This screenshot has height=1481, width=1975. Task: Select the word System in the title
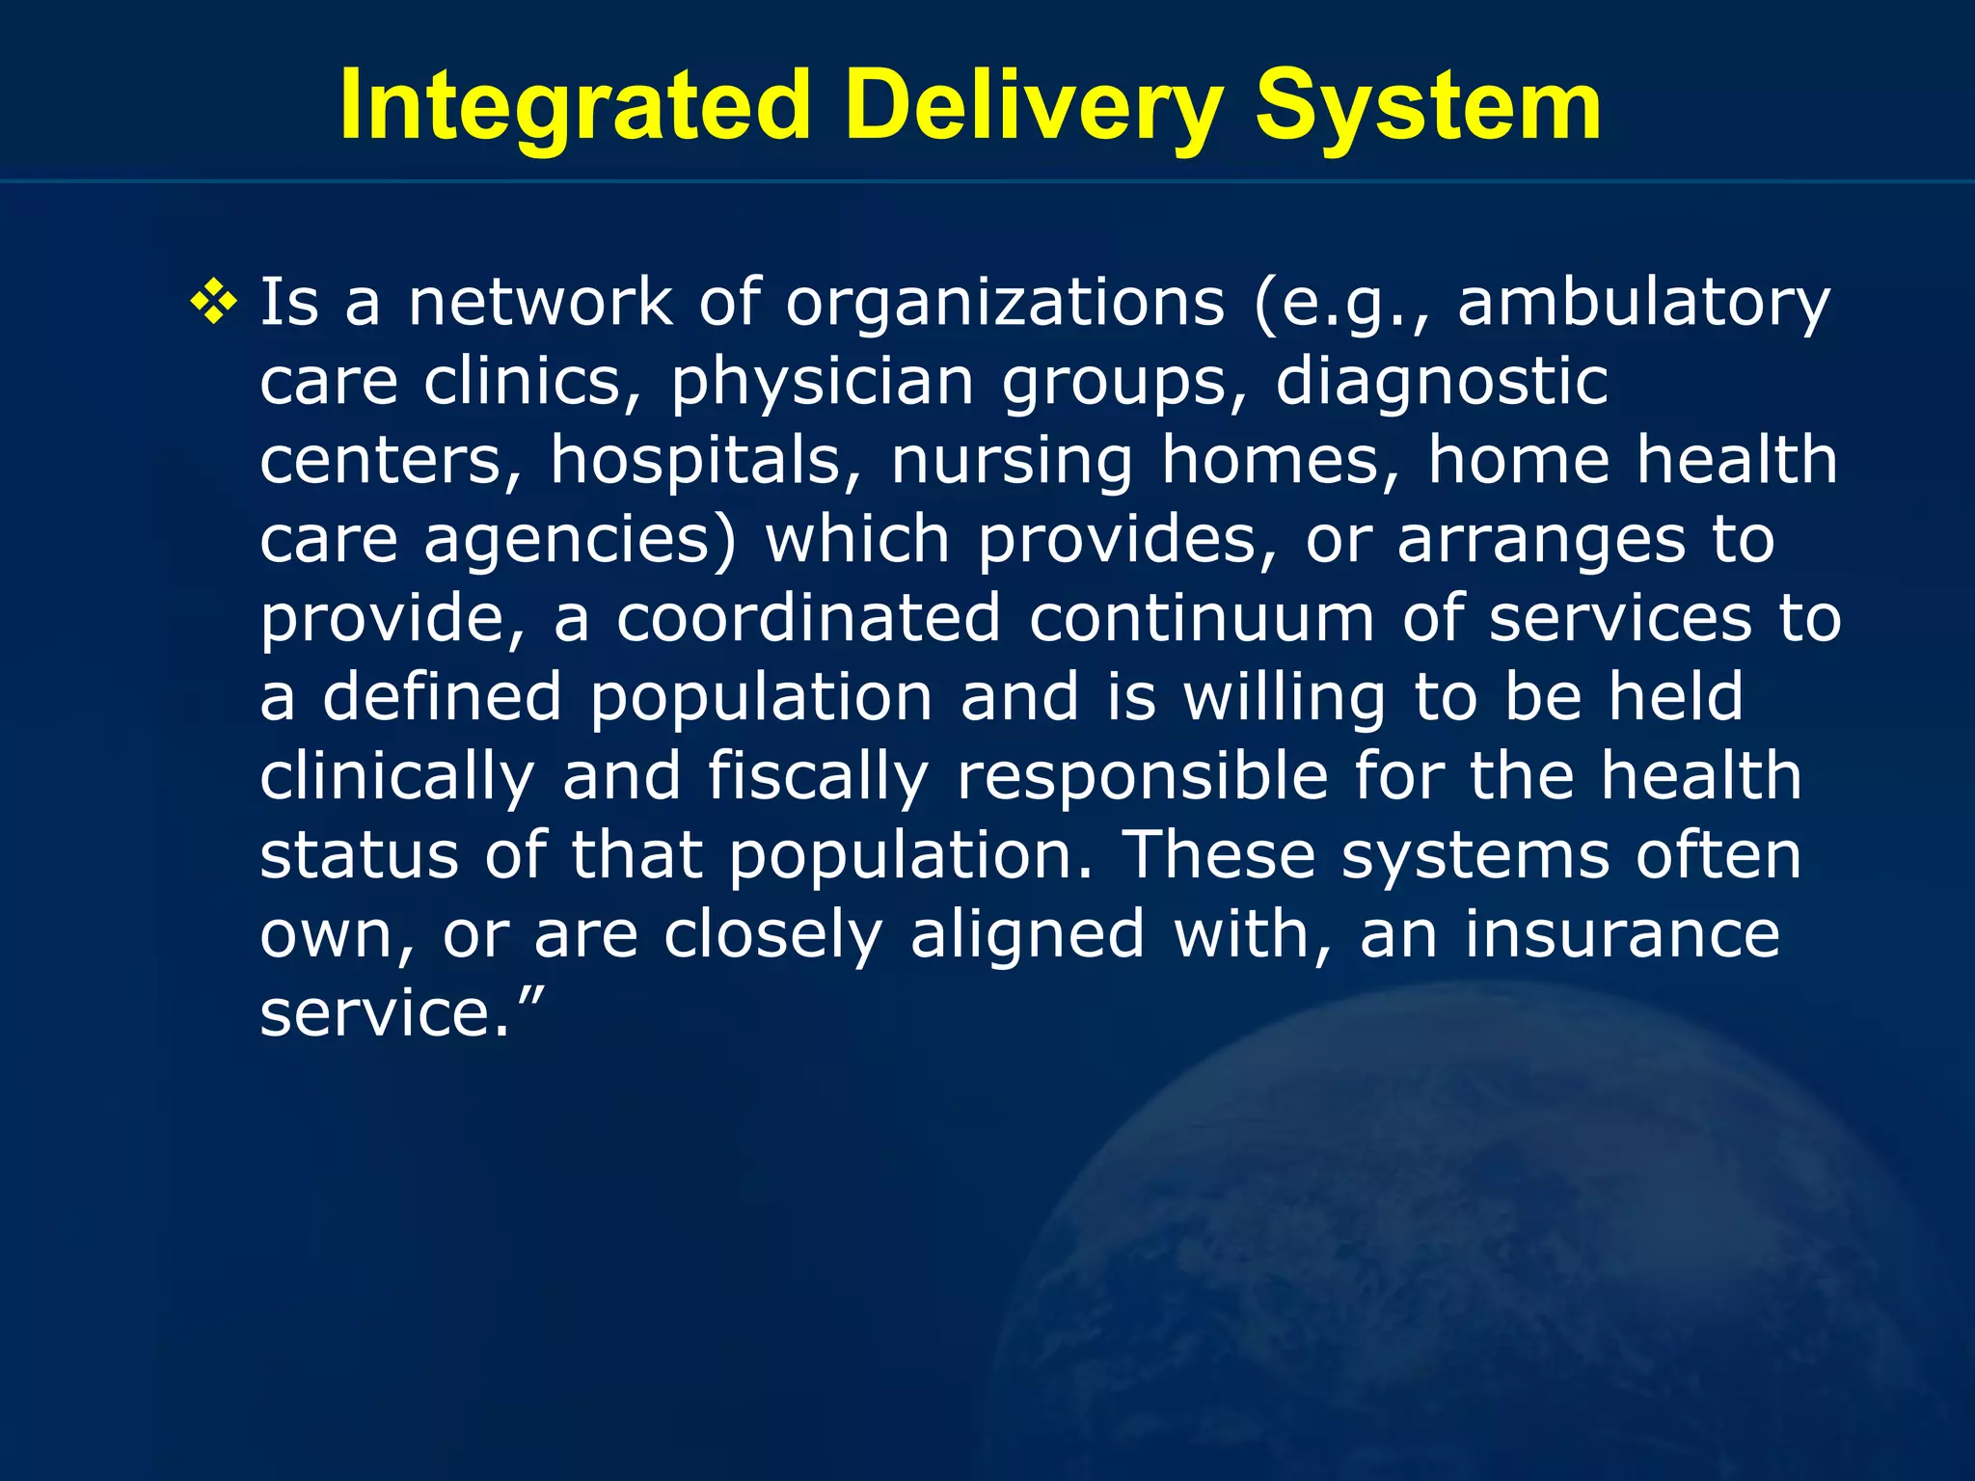1427,106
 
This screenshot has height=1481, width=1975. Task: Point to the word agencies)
580,541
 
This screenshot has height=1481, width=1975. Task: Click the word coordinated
808,619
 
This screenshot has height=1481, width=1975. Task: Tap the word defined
442,698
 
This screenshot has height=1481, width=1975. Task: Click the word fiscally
818,777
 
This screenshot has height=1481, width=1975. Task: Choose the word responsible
1143,777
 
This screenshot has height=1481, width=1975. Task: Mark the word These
1219,856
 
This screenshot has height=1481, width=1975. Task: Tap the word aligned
1027,935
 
